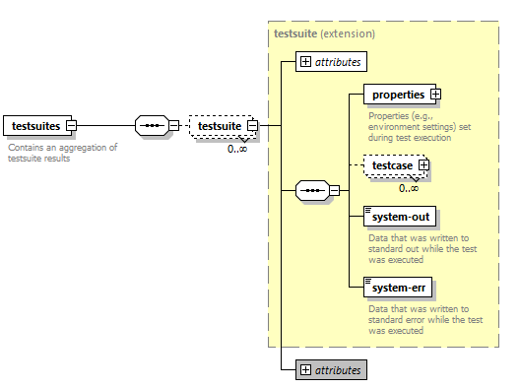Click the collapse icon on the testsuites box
pyautogui.click(x=71, y=126)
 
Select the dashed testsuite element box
pyautogui.click(x=220, y=126)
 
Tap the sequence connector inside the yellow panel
pyautogui.click(x=312, y=190)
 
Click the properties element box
pyautogui.click(x=396, y=95)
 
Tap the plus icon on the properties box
pyautogui.click(x=435, y=95)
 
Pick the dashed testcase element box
pyautogui.click(x=392, y=165)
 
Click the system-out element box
pyautogui.click(x=399, y=216)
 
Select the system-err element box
pyautogui.click(x=399, y=288)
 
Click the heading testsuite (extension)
pyautogui.click(x=324, y=33)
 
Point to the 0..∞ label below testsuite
pyautogui.click(x=237, y=149)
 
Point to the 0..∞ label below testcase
pyautogui.click(x=409, y=187)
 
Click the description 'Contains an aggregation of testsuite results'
pyautogui.click(x=62, y=153)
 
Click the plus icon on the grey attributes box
pyautogui.click(x=305, y=369)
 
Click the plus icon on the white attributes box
pyautogui.click(x=305, y=62)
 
